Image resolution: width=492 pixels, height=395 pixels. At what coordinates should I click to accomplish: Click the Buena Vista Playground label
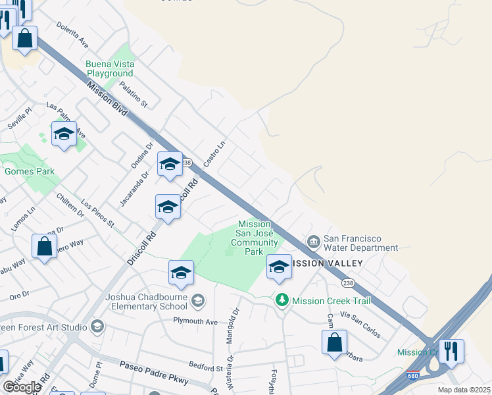click(110, 68)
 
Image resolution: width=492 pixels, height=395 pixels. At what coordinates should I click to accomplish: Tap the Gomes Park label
click(29, 171)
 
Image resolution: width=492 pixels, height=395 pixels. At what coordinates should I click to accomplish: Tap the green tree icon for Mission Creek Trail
click(282, 300)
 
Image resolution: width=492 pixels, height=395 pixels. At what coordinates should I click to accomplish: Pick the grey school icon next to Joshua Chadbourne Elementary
click(199, 302)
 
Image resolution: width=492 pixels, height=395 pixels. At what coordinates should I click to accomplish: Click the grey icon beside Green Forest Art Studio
click(97, 327)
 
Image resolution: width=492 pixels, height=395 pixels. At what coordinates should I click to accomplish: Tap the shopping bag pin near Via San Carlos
click(334, 342)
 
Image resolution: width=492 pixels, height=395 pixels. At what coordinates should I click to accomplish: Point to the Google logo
click(22, 387)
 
